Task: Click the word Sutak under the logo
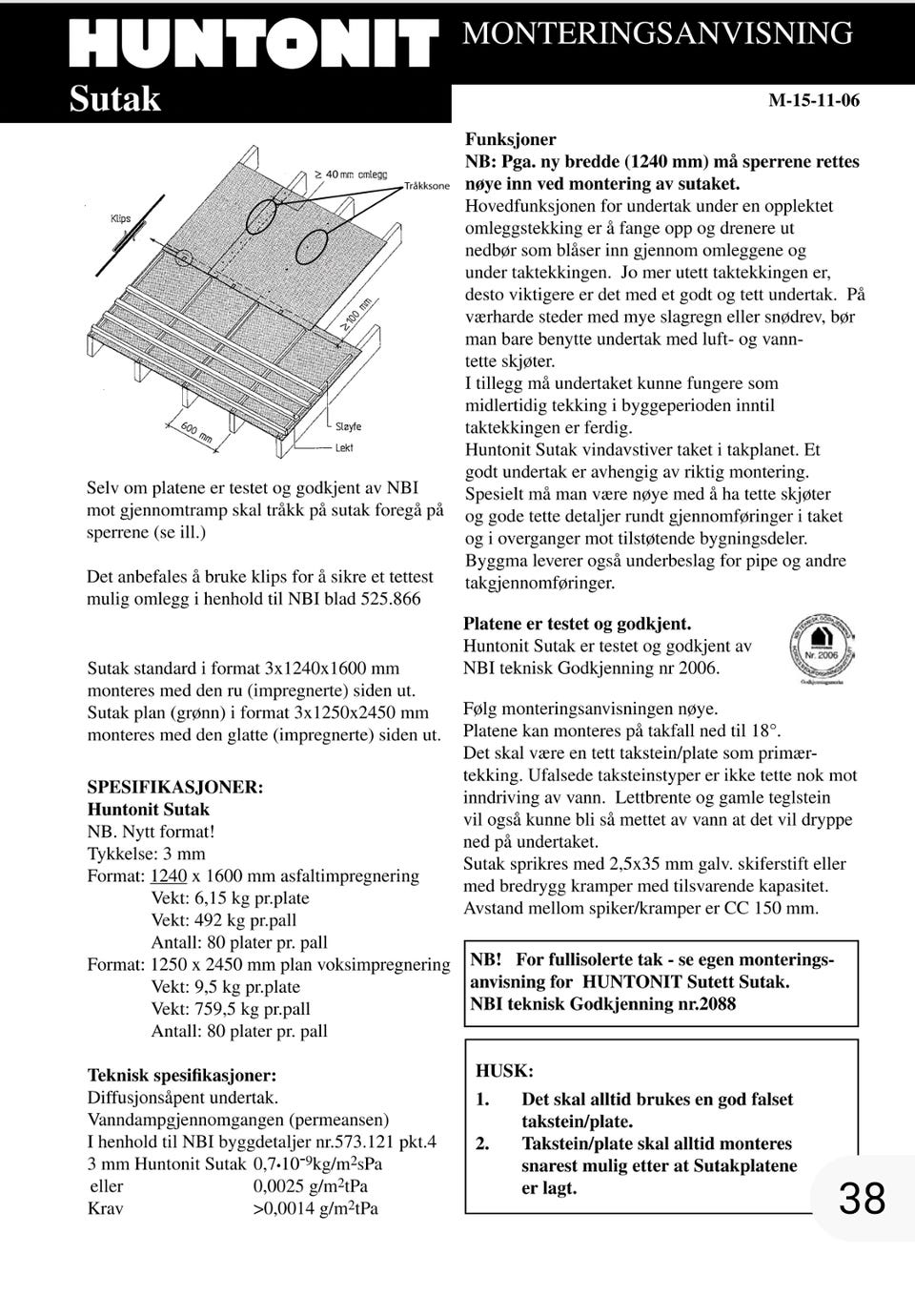pyautogui.click(x=114, y=99)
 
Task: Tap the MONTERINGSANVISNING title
pyautogui.click(x=657, y=33)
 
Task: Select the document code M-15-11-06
pyautogui.click(x=813, y=100)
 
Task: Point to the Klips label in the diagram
pyautogui.click(x=120, y=218)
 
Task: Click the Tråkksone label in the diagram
pyautogui.click(x=426, y=186)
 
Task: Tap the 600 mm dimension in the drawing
pyautogui.click(x=196, y=433)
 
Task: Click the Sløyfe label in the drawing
pyautogui.click(x=348, y=426)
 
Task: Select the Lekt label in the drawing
pyautogui.click(x=344, y=447)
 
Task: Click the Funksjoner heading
pyautogui.click(x=510, y=139)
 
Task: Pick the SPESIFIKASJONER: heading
pyautogui.click(x=175, y=788)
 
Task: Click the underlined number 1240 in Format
pyautogui.click(x=169, y=876)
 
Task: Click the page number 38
pyautogui.click(x=862, y=1199)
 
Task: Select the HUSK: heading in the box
pyautogui.click(x=504, y=1071)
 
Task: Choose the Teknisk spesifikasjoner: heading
pyautogui.click(x=182, y=1076)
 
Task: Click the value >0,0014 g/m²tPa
pyautogui.click(x=315, y=1208)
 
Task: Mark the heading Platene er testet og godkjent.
pyautogui.click(x=577, y=625)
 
